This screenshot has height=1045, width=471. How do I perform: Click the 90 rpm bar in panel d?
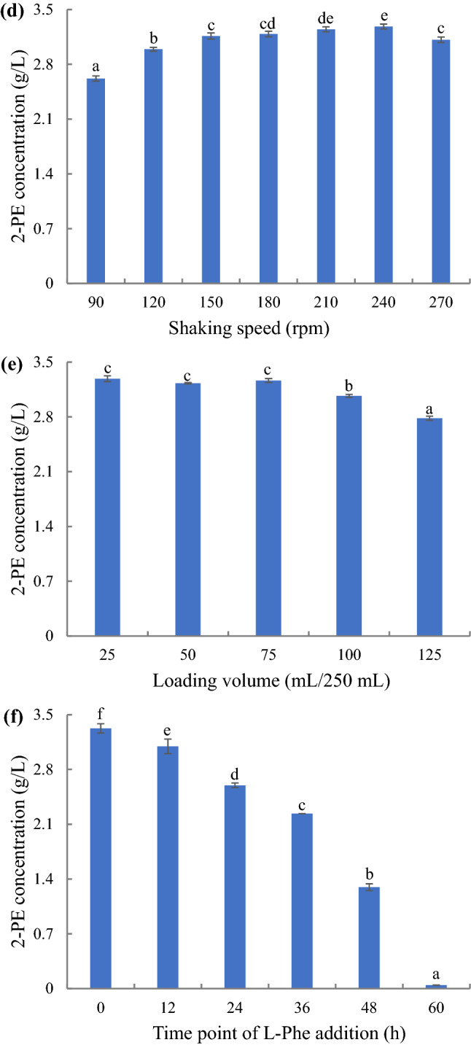pyautogui.click(x=96, y=181)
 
